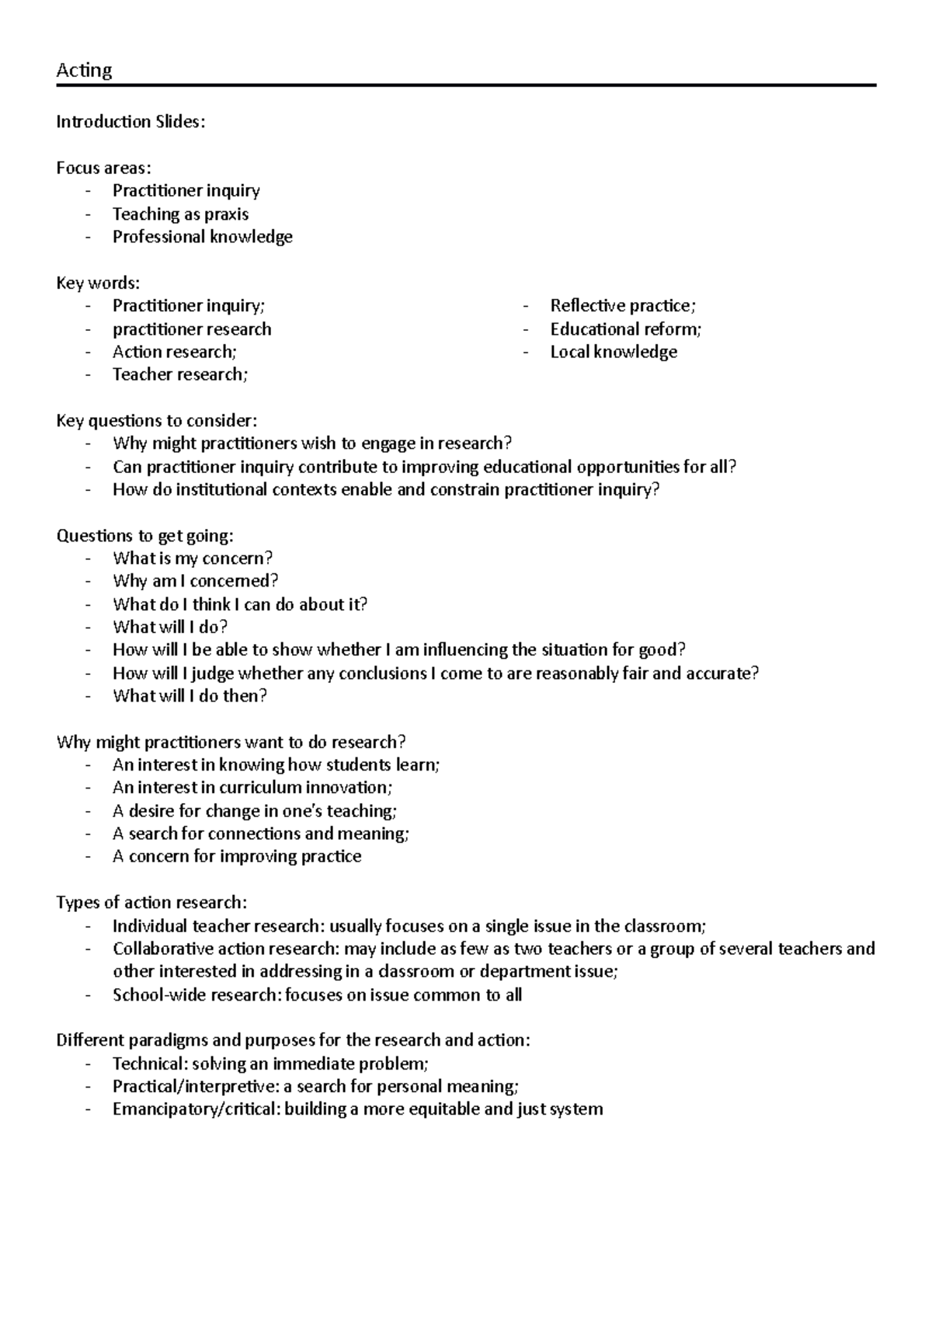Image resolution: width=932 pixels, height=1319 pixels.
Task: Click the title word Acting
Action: pos(84,71)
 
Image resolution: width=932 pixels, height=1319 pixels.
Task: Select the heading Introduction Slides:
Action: pos(130,122)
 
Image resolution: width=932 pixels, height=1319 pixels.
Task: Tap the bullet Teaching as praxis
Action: pos(180,214)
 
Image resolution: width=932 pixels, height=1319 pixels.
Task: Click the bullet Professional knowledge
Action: pos(202,237)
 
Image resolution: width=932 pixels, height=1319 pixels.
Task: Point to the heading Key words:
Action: pos(98,283)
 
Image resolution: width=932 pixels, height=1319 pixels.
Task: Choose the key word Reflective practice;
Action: pos(623,306)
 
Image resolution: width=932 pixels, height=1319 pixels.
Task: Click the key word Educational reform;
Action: pos(625,329)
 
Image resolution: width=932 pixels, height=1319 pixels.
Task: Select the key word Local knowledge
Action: pos(614,352)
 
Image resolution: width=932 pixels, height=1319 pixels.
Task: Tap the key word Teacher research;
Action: pos(180,374)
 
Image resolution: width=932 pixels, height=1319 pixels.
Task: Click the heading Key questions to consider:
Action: pos(156,421)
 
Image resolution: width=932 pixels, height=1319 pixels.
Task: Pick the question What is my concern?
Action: pos(193,559)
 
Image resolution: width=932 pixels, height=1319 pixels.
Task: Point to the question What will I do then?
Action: pos(190,696)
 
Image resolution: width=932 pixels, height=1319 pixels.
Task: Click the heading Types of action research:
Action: pos(151,903)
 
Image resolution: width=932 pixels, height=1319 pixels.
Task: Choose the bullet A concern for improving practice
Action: pos(237,857)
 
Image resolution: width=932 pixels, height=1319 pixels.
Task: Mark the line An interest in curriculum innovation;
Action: pos(252,788)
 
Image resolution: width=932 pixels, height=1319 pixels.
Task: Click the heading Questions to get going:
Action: pos(144,536)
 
